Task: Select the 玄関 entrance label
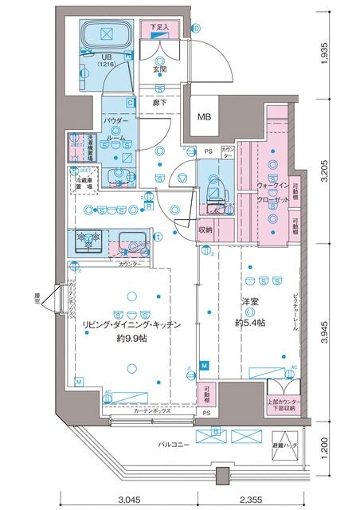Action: pyautogui.click(x=160, y=69)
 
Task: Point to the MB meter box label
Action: pyautogui.click(x=205, y=117)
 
